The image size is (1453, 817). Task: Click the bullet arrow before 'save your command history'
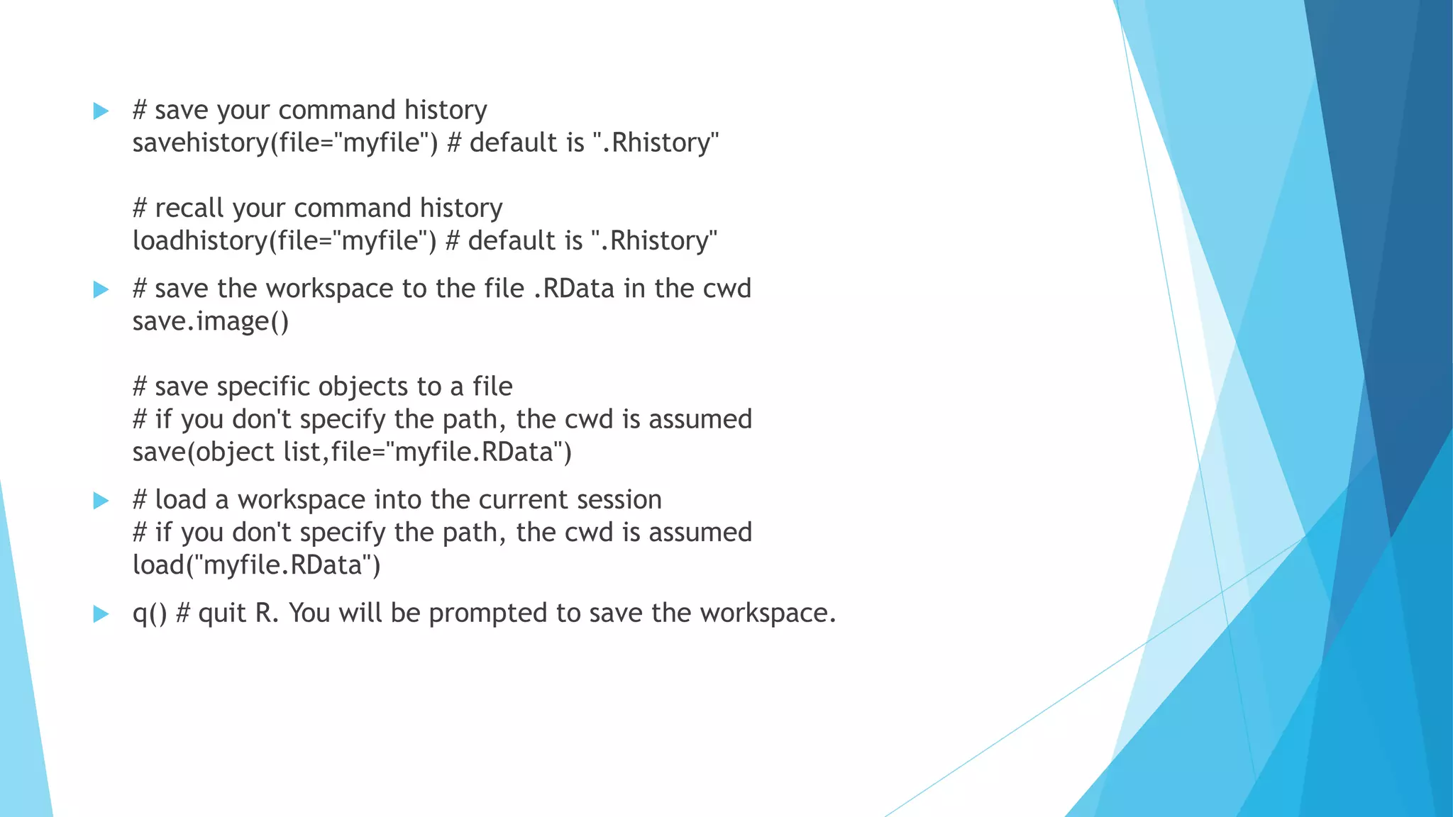(101, 111)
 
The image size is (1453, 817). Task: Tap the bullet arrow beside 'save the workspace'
(101, 289)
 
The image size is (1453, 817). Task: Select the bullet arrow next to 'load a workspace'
(101, 501)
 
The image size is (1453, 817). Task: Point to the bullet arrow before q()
(101, 614)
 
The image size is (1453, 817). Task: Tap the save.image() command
(211, 322)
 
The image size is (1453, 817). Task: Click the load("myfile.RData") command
(256, 566)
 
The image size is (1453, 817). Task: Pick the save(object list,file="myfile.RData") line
(352, 452)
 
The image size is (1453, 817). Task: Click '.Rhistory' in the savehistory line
(655, 143)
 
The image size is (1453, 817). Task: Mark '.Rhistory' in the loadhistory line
(653, 241)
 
